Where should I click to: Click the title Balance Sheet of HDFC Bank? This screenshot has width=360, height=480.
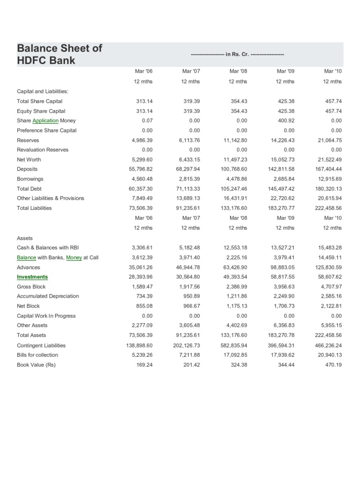(x=59, y=54)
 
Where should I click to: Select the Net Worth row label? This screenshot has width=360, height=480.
(x=30, y=159)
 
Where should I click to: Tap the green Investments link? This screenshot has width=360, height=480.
(x=32, y=277)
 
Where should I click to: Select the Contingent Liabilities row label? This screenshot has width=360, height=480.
(x=41, y=345)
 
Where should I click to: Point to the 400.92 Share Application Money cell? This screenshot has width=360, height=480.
(x=285, y=120)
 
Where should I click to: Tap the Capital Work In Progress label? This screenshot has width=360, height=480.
(x=46, y=316)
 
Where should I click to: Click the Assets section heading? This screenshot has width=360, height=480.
(x=25, y=238)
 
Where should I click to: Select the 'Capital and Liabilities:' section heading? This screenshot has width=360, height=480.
(x=43, y=91)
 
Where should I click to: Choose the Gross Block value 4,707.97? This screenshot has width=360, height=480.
(x=331, y=286)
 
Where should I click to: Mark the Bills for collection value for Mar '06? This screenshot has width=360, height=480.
(x=143, y=355)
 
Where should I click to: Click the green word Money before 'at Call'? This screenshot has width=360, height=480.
(x=74, y=257)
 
